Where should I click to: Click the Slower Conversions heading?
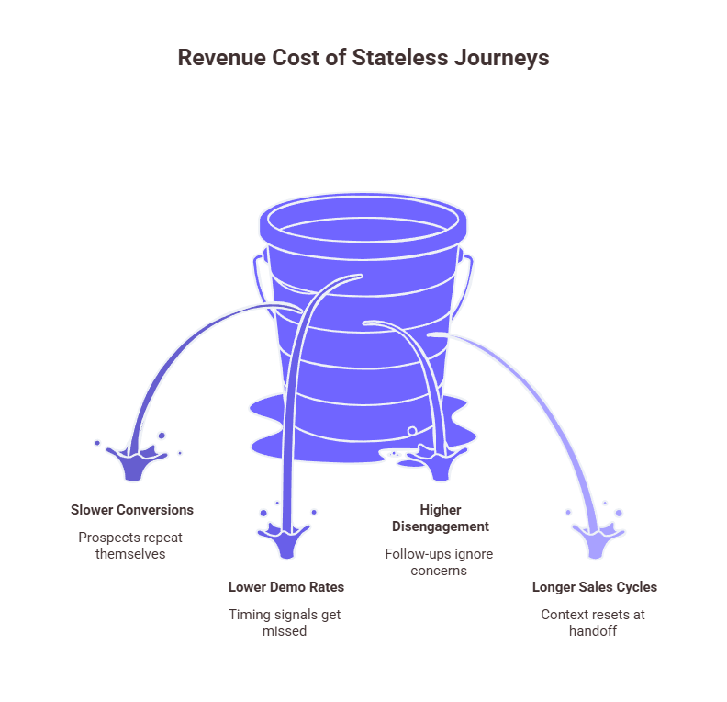click(x=132, y=510)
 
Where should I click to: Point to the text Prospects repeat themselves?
click(x=130, y=545)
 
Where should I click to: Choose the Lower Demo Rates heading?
click(x=285, y=586)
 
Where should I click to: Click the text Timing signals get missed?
click(x=285, y=623)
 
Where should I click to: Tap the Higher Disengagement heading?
click(x=441, y=518)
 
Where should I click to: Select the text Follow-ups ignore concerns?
click(x=439, y=562)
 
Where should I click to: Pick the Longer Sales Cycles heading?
click(x=595, y=586)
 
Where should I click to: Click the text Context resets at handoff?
click(x=593, y=623)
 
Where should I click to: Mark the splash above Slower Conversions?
click(x=135, y=459)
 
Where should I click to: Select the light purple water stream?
click(x=542, y=404)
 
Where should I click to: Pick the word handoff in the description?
click(x=593, y=632)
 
